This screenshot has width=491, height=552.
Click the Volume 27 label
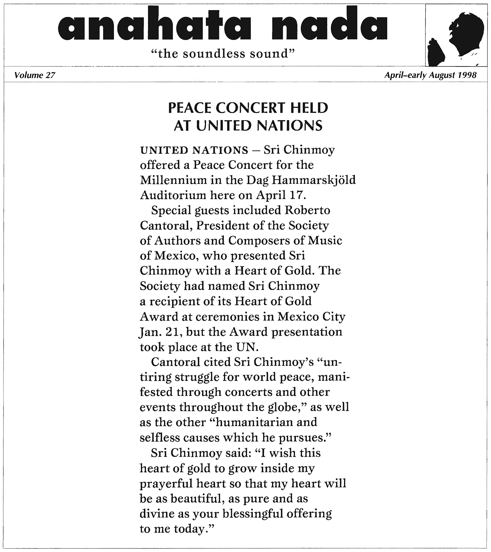click(x=35, y=75)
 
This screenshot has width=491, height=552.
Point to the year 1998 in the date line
click(x=467, y=75)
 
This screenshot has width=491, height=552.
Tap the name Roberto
click(x=307, y=210)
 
